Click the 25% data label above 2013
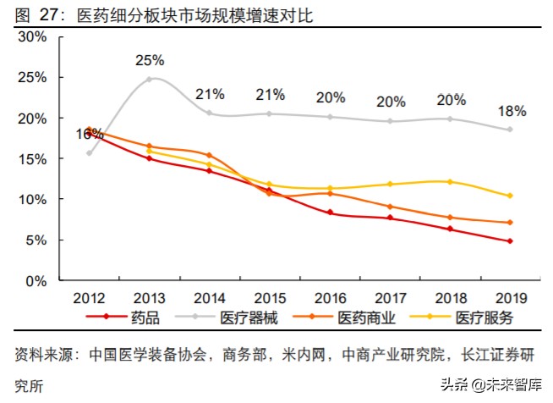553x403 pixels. pos(149,60)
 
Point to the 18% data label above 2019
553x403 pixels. pos(512,111)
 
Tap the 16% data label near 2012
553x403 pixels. pos(90,133)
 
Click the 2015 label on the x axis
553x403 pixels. pos(269,298)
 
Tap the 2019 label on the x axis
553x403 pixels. pos(512,298)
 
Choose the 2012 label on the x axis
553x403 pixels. pos(89,298)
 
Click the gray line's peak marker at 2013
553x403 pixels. pos(150,80)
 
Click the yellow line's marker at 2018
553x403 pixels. pos(451,182)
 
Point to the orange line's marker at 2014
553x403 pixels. pos(209,155)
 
